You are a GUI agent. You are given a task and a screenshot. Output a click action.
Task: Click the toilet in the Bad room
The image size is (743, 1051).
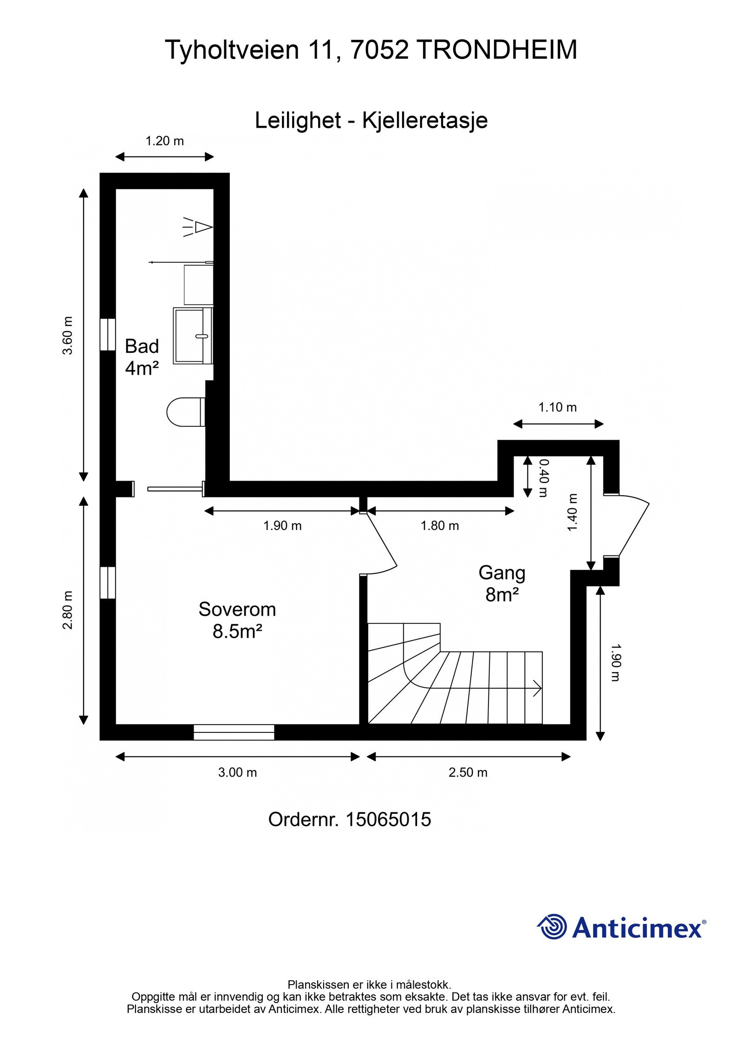(x=186, y=411)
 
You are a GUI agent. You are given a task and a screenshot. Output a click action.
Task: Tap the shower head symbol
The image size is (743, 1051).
(x=198, y=227)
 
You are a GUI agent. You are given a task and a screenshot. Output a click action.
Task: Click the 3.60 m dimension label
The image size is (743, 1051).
(x=68, y=335)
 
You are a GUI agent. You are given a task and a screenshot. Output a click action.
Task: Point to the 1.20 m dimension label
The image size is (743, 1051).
(x=165, y=141)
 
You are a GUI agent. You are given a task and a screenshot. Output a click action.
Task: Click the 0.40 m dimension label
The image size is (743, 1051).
(x=543, y=478)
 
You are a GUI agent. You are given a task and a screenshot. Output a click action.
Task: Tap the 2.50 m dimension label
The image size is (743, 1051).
(x=468, y=772)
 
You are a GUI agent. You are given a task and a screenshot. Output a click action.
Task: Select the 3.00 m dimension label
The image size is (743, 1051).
(x=237, y=772)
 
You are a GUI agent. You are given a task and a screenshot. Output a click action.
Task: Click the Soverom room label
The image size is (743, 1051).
(x=237, y=609)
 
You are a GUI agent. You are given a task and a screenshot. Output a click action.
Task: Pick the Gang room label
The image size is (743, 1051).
(x=502, y=574)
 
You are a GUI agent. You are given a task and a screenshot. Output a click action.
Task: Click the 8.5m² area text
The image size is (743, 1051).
(x=238, y=632)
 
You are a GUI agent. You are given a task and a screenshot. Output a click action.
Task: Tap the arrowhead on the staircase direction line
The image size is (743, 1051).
(x=538, y=688)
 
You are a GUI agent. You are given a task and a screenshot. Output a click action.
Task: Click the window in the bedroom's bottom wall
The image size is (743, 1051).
(x=234, y=732)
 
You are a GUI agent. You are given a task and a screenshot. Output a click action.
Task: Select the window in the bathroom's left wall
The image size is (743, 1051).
(x=108, y=334)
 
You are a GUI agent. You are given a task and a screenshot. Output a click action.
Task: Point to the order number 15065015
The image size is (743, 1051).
(x=388, y=819)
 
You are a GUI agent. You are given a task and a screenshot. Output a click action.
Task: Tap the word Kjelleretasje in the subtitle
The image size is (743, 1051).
(x=425, y=121)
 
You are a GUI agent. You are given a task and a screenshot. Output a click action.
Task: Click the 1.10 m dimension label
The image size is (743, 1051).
(x=558, y=407)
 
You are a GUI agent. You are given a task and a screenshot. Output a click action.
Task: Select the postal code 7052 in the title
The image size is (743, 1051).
(x=379, y=50)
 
